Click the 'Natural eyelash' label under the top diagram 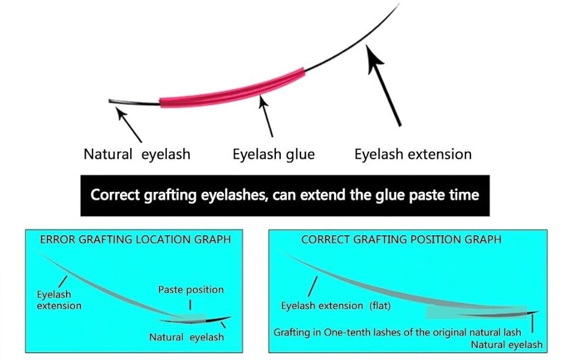[137, 154]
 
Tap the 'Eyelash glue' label [274, 154]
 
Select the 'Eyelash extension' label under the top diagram [413, 154]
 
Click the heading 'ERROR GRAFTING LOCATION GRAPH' [135, 239]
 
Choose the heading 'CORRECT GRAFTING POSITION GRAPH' [401, 239]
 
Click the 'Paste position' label [191, 290]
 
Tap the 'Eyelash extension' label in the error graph [59, 300]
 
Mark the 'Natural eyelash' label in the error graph [186, 337]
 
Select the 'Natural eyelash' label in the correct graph [506, 344]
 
